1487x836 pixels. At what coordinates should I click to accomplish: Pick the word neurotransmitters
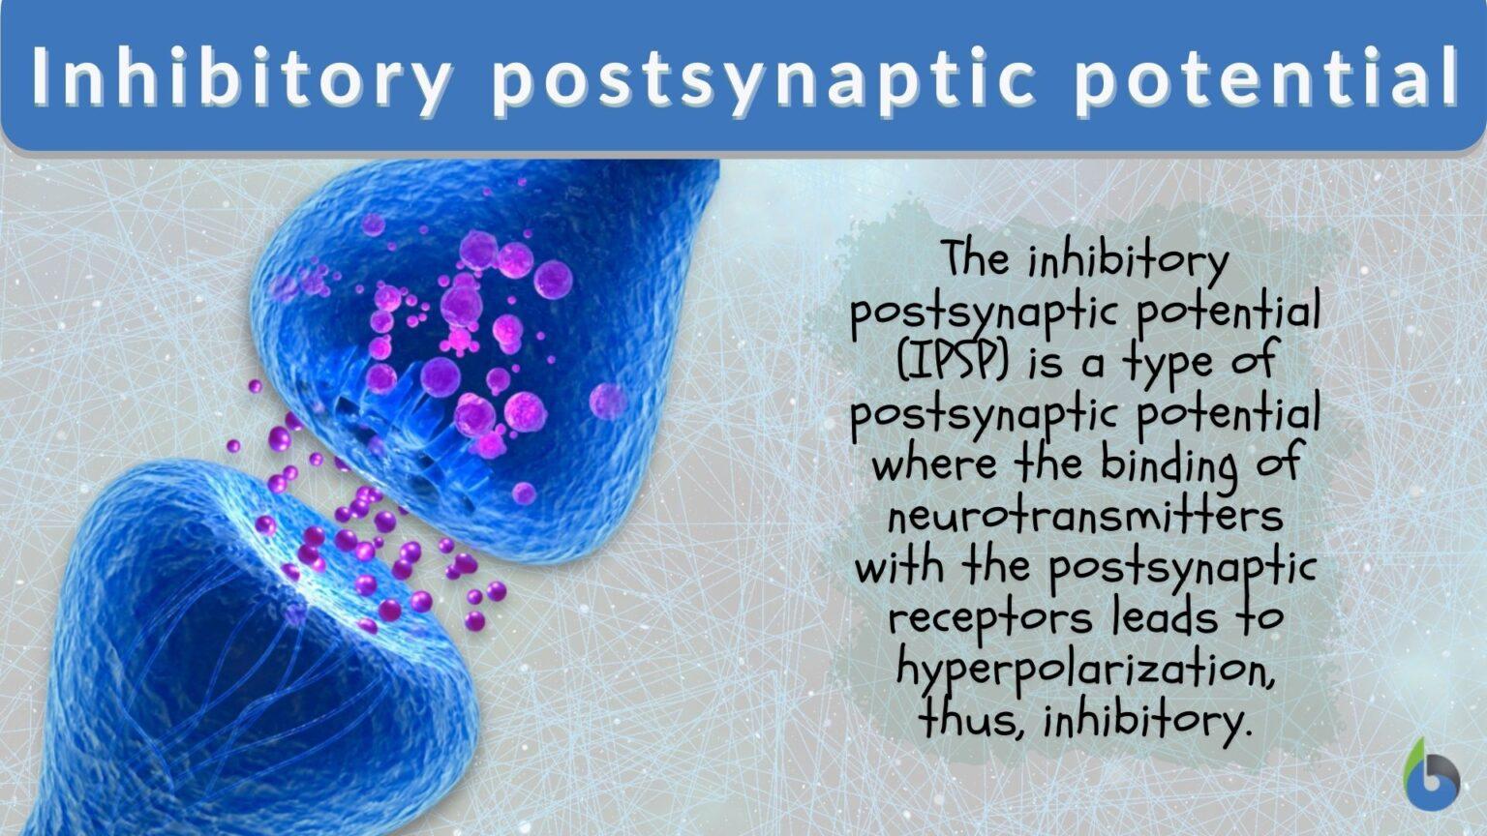pos(1085,515)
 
